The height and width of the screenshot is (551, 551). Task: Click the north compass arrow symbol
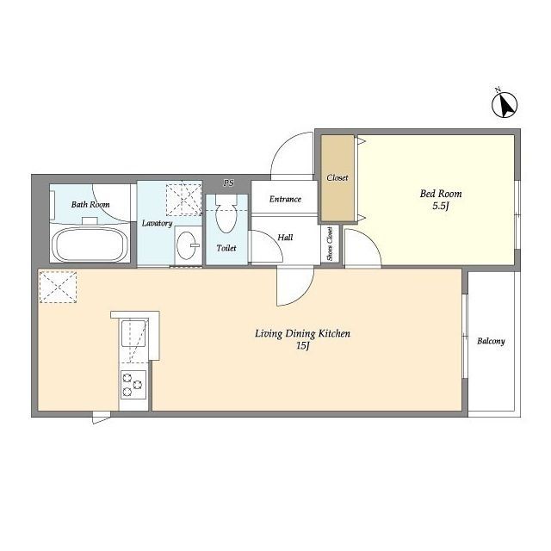point(505,105)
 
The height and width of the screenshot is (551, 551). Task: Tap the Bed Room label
point(441,194)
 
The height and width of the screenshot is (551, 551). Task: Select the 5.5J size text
point(441,206)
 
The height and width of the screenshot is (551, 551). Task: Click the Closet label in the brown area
point(337,178)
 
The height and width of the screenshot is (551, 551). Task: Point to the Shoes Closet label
point(330,244)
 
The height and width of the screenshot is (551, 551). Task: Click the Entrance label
point(285,199)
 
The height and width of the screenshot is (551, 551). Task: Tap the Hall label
point(285,238)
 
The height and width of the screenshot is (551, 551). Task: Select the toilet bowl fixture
point(226,214)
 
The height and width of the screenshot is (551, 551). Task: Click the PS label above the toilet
point(229,183)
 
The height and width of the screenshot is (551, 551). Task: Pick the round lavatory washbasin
point(187,245)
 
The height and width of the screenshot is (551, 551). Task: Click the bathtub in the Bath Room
point(90,245)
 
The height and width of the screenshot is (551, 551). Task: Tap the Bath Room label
point(90,205)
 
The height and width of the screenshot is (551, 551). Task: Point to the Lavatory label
point(157,224)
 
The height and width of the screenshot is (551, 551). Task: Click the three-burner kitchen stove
point(133,385)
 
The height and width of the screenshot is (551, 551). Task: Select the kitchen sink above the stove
point(134,333)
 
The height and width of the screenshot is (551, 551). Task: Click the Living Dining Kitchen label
point(302,333)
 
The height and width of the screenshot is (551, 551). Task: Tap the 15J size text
point(302,346)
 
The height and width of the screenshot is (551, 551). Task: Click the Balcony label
point(491,341)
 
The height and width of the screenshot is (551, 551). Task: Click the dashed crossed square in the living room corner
point(58,287)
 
